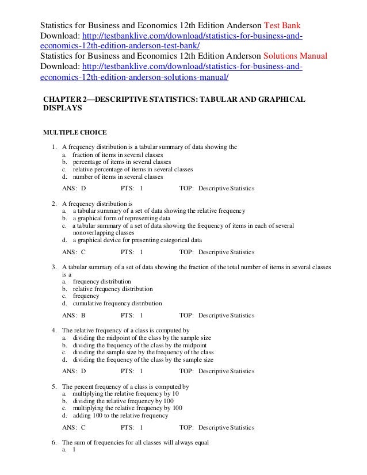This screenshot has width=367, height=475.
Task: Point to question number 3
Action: (53, 267)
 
